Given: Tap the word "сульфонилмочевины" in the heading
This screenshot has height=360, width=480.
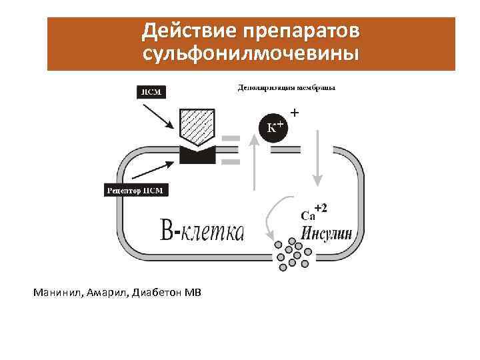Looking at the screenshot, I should click(250, 53).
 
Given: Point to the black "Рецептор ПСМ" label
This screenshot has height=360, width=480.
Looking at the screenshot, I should click(136, 191).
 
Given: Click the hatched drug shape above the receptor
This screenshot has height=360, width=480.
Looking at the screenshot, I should click(197, 127).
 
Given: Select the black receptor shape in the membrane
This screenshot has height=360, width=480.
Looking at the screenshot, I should click(197, 155).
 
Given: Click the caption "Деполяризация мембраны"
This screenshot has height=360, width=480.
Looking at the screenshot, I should click(286, 87).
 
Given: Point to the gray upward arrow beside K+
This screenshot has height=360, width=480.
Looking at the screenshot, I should click(253, 167).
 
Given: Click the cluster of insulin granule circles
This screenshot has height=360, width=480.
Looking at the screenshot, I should click(290, 254).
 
